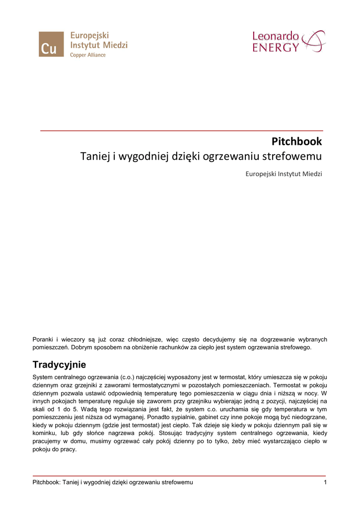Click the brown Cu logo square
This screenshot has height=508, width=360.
(x=51, y=44)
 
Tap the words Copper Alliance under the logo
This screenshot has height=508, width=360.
(x=87, y=55)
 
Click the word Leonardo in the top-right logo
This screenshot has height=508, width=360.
(x=276, y=36)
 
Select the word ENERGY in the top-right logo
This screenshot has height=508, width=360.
(x=276, y=48)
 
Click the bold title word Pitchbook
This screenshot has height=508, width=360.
(x=296, y=141)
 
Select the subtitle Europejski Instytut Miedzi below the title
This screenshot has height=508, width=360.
(x=284, y=174)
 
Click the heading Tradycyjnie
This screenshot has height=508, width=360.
(x=59, y=365)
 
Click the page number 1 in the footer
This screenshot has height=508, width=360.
(x=324, y=482)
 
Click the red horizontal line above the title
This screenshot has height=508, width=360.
(x=181, y=130)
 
